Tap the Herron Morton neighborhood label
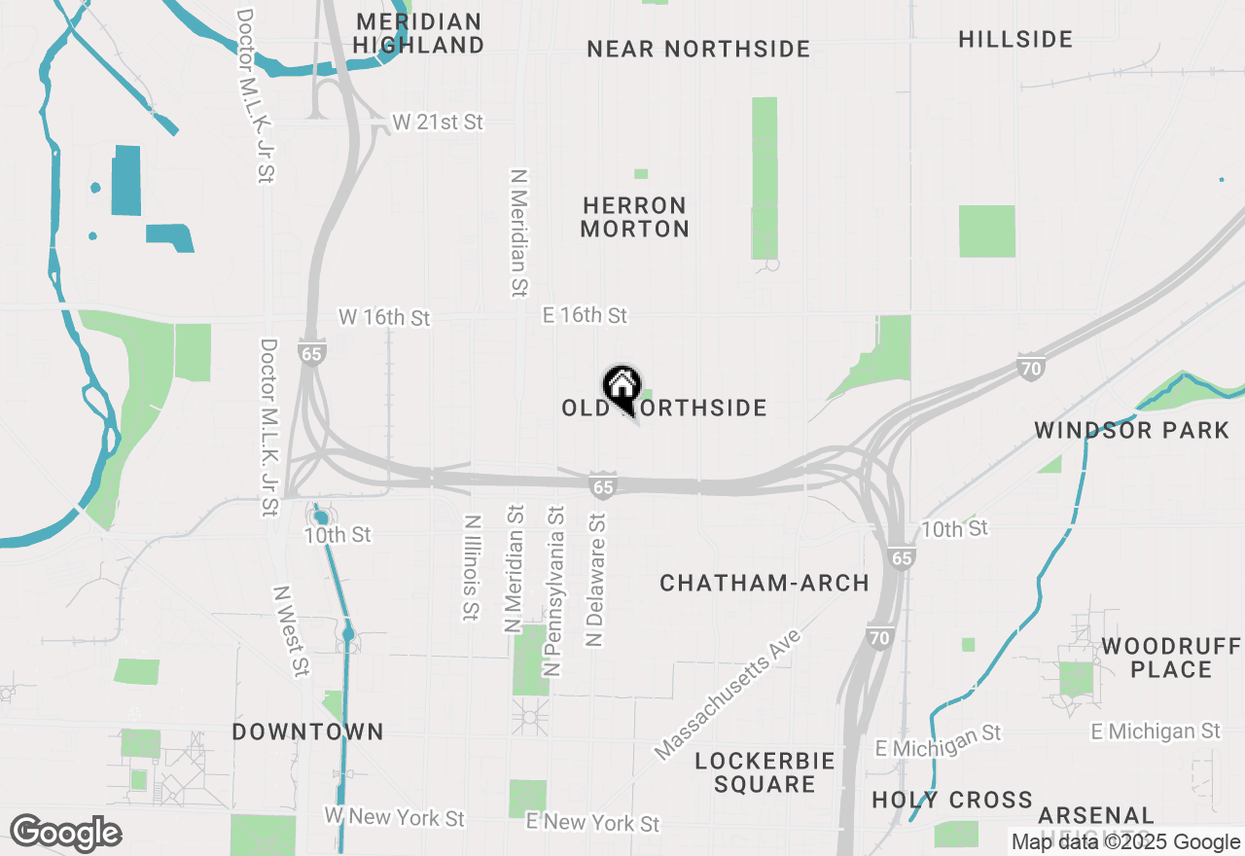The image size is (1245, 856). [x=635, y=217]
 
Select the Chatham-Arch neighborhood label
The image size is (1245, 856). [x=765, y=583]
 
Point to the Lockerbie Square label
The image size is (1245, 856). [x=765, y=772]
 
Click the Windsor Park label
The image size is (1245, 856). [x=1132, y=430]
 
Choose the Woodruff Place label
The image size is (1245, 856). [x=1171, y=658]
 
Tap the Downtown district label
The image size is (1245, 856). [x=308, y=731]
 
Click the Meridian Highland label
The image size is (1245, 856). [x=418, y=33]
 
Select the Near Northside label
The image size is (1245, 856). [x=698, y=49]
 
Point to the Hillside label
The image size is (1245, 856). [x=1015, y=39]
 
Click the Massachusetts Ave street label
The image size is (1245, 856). [x=728, y=694]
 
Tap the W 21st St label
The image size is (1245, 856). [x=438, y=122]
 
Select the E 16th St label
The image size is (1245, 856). [x=585, y=315]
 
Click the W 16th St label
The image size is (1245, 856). [x=384, y=317]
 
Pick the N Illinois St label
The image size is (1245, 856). [x=472, y=567]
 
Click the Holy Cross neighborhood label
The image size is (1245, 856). [x=952, y=800]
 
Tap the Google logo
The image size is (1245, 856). [x=65, y=833]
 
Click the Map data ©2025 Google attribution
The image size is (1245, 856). [x=1125, y=842]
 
